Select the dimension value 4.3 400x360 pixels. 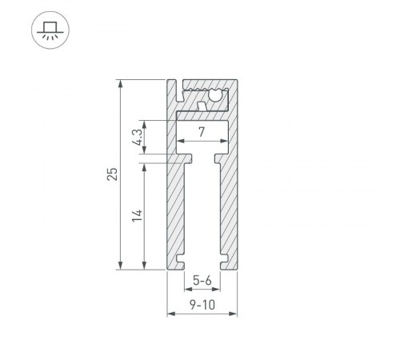pos(137,138)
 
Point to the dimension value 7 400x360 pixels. pos(202,130)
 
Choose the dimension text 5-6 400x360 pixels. pos(202,280)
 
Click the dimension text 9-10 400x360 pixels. pos(202,305)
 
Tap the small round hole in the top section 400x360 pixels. pos(214,98)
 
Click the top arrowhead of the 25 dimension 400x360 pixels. pos(120,83)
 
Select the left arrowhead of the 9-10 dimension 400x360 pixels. pos(170,314)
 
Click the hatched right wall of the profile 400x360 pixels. pos(230,200)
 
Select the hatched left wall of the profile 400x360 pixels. pos(174,208)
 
